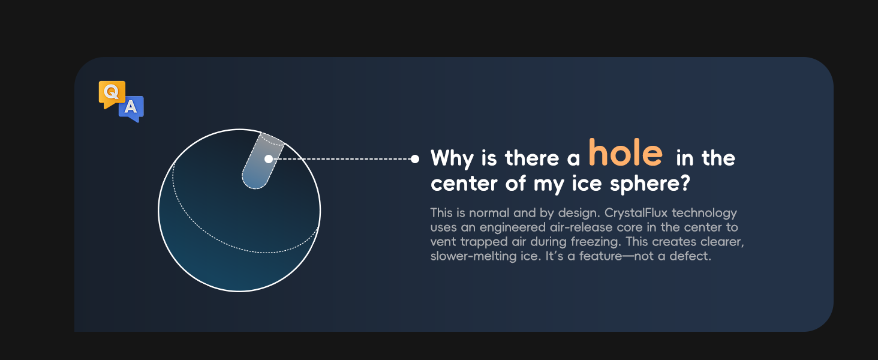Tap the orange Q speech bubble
point(112,93)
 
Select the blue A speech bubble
point(131,108)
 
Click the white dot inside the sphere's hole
point(268,159)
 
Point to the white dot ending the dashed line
point(414,159)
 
